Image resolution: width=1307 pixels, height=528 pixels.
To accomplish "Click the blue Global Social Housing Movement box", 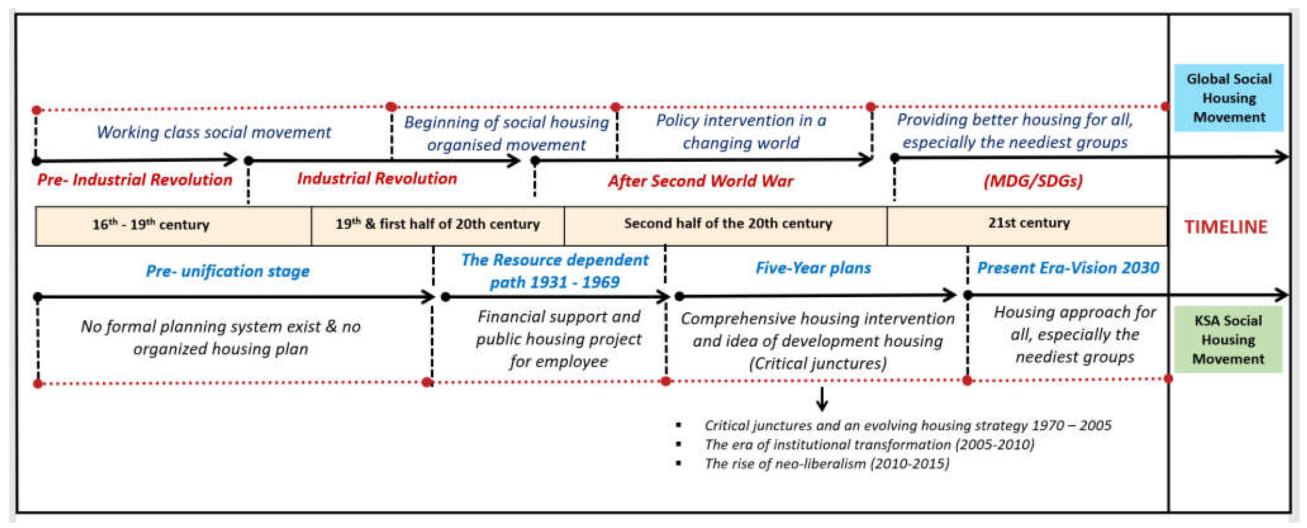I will coord(1228,98).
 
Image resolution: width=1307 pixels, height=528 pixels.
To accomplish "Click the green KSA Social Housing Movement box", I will coord(1228,339).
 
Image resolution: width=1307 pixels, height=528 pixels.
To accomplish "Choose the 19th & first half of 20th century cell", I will coord(437,224).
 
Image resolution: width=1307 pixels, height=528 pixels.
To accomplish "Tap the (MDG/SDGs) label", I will coord(1033,180).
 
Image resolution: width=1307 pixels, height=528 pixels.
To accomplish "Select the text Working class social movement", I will coord(214,132).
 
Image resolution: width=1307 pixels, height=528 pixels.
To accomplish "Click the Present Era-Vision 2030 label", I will coord(1068,268).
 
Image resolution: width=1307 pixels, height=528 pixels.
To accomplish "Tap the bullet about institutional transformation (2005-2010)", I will coord(868,445).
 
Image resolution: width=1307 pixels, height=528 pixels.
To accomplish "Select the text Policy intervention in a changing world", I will coord(741,131).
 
